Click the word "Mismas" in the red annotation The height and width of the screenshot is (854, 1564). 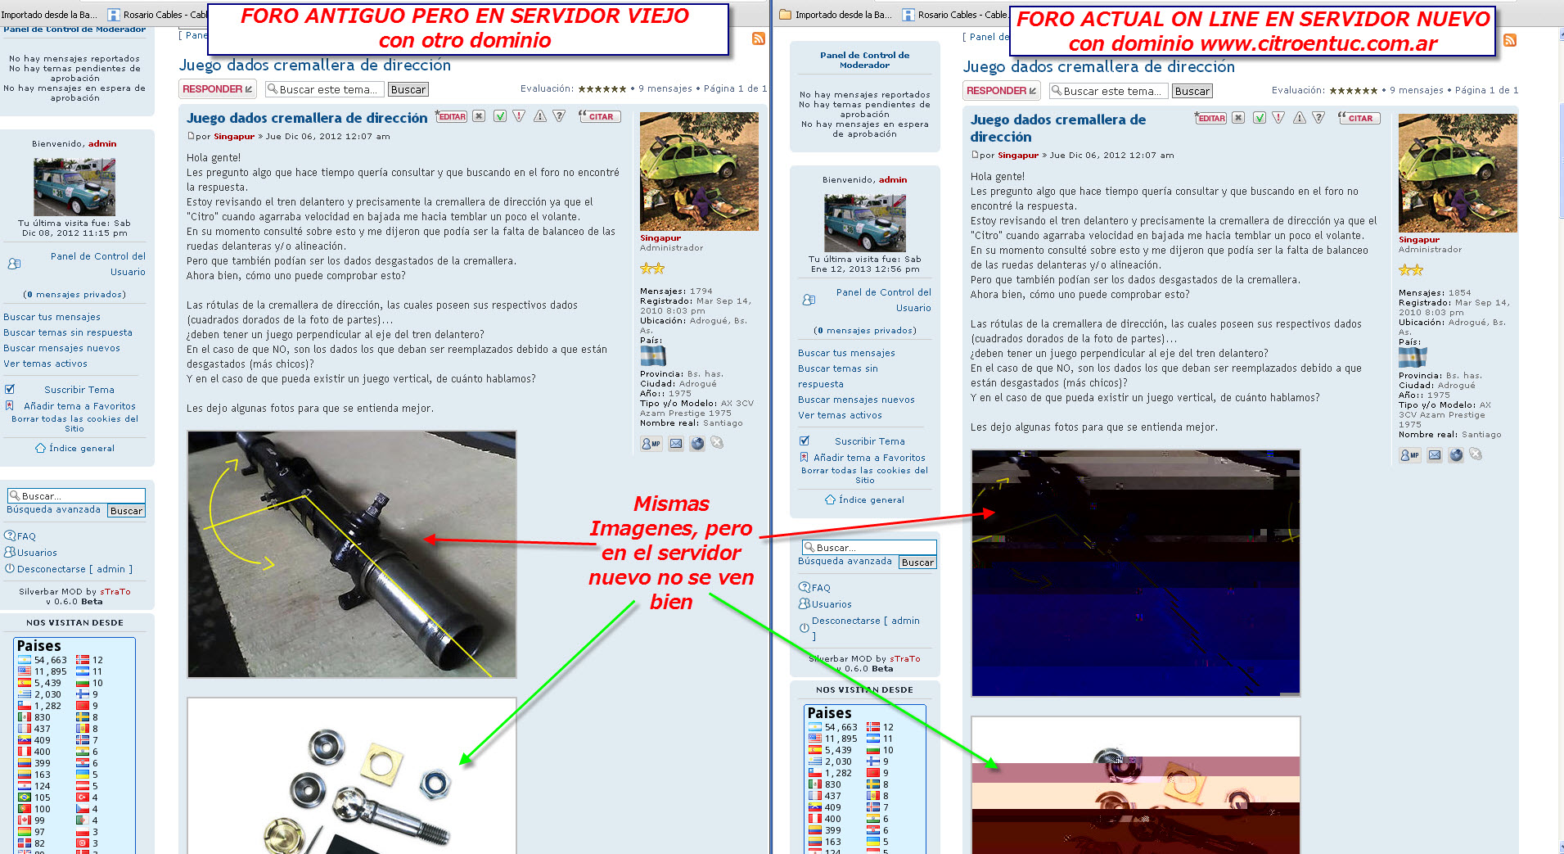[671, 504]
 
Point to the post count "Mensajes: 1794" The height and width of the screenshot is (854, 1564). [676, 291]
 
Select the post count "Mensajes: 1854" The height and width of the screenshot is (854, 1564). [1435, 292]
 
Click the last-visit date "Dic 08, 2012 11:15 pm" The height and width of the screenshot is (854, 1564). [74, 233]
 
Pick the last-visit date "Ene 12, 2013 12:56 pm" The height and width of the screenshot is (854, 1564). [865, 269]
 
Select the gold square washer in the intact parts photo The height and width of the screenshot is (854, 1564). [381, 762]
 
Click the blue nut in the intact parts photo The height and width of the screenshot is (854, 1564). [434, 784]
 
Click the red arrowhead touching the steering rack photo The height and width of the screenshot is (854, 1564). [430, 540]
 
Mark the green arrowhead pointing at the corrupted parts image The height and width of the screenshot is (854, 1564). [993, 764]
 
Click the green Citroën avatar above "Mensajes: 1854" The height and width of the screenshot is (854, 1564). [1458, 173]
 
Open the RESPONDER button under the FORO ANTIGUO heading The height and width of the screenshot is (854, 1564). [217, 89]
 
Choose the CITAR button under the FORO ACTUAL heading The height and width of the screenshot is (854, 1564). [1359, 118]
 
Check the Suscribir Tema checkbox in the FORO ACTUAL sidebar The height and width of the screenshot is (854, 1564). [805, 441]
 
